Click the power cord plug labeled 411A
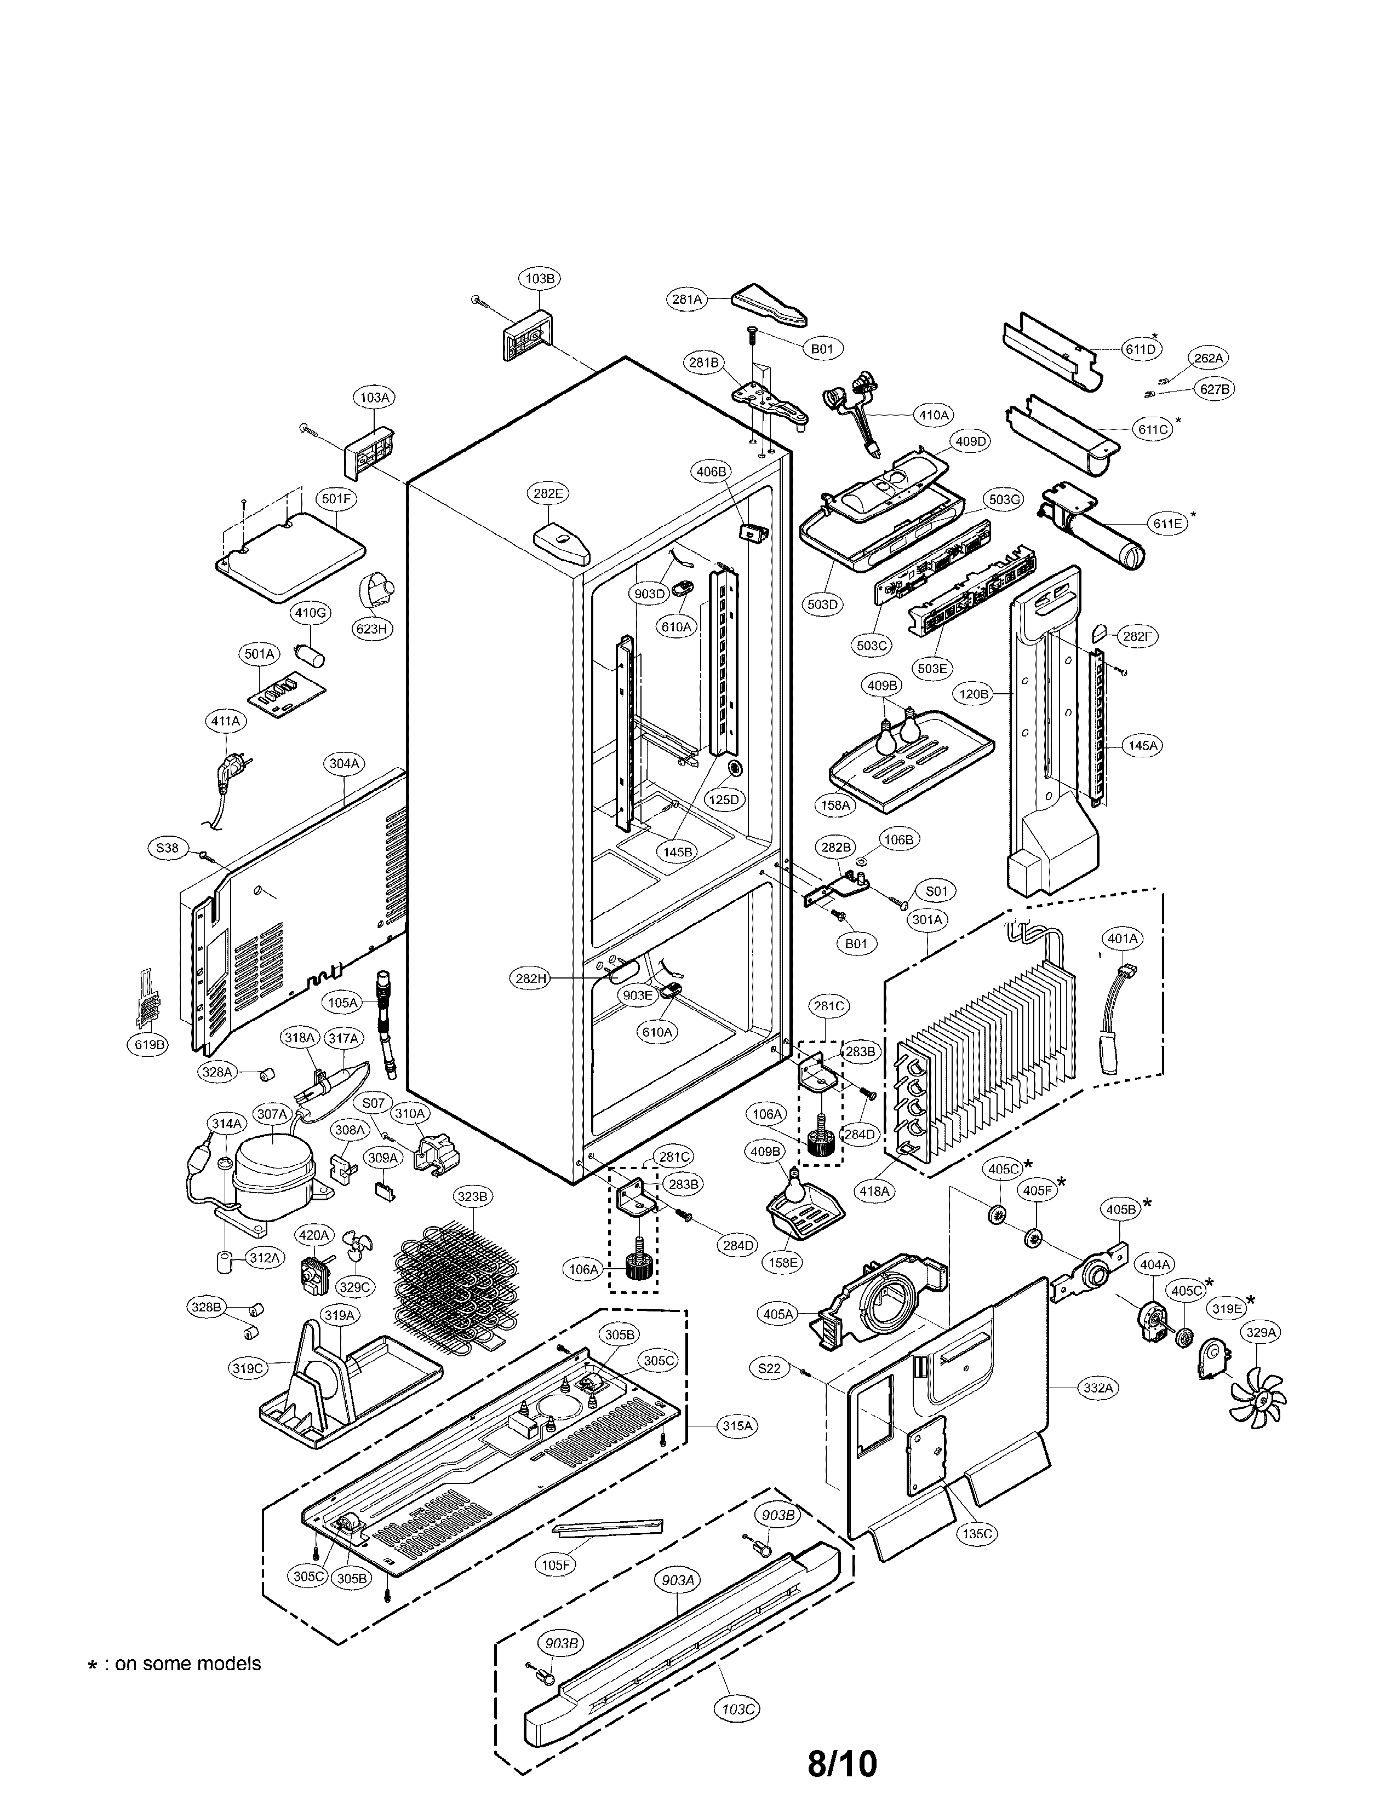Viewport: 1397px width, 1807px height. [x=226, y=776]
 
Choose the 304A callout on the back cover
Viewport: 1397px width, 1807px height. [x=343, y=764]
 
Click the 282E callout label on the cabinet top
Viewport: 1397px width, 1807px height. [x=547, y=493]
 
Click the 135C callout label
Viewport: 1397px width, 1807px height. [x=977, y=1533]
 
